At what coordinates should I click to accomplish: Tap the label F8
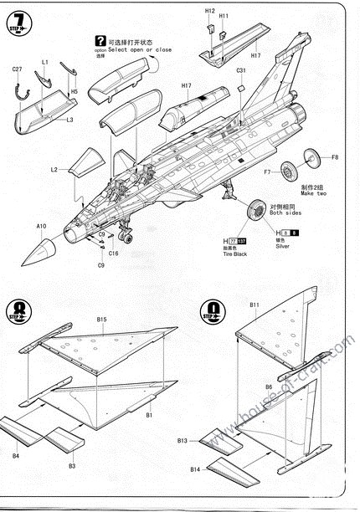point(335,157)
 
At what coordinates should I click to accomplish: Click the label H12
point(210,11)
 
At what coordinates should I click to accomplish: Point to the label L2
point(54,170)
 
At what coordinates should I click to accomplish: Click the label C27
point(17,69)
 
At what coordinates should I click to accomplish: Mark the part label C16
point(114,253)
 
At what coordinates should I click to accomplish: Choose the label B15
point(101,320)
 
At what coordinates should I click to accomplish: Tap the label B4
point(16,456)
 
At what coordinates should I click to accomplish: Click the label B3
point(72,465)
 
